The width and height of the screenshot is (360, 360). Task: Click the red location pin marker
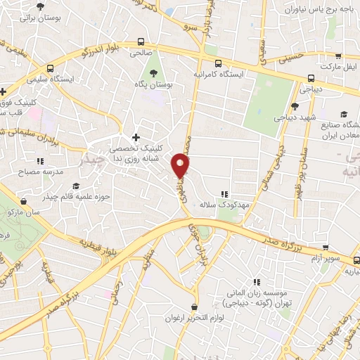(181, 166)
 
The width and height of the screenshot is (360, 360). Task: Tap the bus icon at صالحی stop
(141, 42)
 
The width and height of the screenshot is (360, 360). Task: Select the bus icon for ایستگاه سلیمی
(49, 69)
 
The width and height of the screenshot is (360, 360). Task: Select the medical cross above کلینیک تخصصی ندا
(136, 136)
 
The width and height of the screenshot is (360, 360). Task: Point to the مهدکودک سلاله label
(224, 203)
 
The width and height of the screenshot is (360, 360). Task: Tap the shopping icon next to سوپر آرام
(325, 247)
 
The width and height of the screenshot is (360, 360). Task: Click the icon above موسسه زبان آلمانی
(256, 282)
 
